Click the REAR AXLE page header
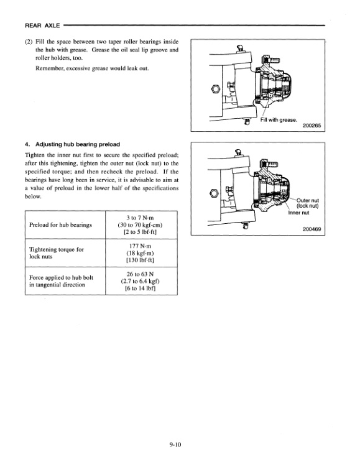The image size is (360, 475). tap(42, 25)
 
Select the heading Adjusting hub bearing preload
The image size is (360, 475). tap(78, 144)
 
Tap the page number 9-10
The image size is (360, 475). tap(175, 445)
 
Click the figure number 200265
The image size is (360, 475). tap(312, 126)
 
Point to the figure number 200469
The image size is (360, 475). tap(312, 229)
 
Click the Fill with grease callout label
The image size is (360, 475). tap(279, 119)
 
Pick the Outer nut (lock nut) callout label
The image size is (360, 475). tap(308, 203)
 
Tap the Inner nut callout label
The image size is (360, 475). tap(298, 213)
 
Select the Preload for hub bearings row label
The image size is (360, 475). tap(60, 225)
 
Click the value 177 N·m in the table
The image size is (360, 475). tap(140, 246)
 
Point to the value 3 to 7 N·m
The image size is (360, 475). tap(140, 218)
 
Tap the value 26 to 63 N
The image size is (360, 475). tap(140, 274)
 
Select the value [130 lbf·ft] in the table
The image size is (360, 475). tap(140, 260)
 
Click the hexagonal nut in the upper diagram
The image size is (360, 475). tap(215, 89)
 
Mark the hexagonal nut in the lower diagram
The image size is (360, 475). tap(214, 193)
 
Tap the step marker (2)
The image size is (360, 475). tap(29, 42)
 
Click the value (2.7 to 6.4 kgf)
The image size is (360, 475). tap(140, 281)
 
